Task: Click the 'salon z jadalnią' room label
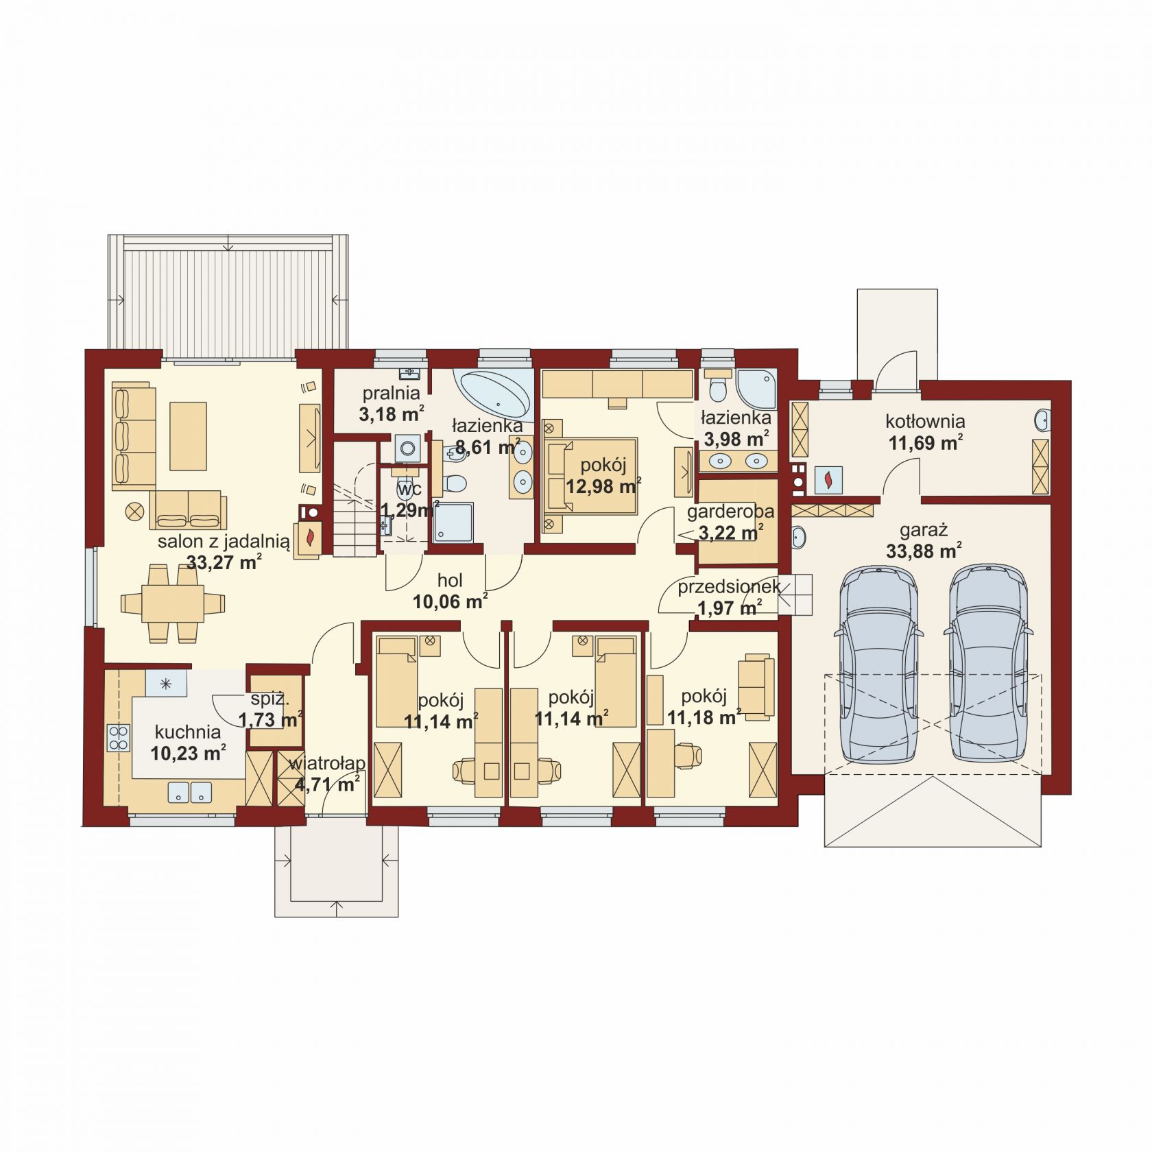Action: [x=224, y=542]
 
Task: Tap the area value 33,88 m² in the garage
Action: [x=923, y=551]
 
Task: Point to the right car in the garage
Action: [x=987, y=664]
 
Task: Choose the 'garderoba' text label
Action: [x=730, y=511]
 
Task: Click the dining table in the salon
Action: [x=173, y=603]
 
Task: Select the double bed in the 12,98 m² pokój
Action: [x=590, y=475]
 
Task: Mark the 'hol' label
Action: [x=450, y=580]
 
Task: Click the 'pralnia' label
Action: [x=391, y=393]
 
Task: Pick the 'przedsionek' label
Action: [x=729, y=587]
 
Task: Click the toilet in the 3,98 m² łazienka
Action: [x=718, y=386]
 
